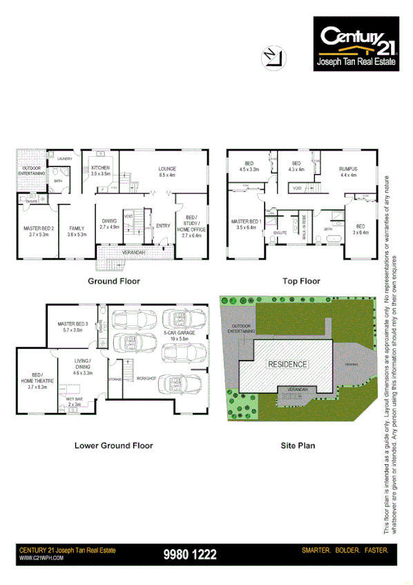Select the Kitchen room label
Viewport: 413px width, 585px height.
pos(101,171)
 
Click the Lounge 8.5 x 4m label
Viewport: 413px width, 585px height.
pos(167,171)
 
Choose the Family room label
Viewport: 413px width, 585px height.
pos(76,231)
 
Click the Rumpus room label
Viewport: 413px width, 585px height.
pos(348,171)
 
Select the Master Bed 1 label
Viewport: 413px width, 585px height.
pos(245,223)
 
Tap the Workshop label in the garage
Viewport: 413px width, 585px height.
pos(145,378)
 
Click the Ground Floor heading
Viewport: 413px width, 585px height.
pos(113,281)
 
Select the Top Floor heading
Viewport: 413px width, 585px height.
pos(300,281)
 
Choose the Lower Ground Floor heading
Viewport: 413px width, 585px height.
pos(113,445)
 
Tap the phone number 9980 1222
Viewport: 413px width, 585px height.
pos(191,554)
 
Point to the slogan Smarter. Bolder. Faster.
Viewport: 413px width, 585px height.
pos(346,550)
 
